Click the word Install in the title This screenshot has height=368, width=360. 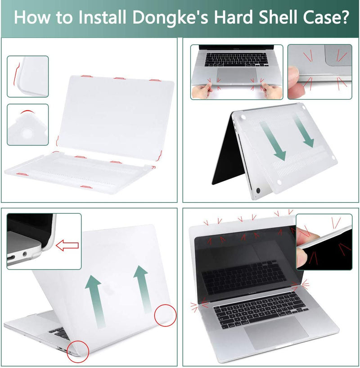101,18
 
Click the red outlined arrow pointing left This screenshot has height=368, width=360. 67,245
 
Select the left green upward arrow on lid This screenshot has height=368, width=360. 93,297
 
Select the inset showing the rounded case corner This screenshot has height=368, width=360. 27,125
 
